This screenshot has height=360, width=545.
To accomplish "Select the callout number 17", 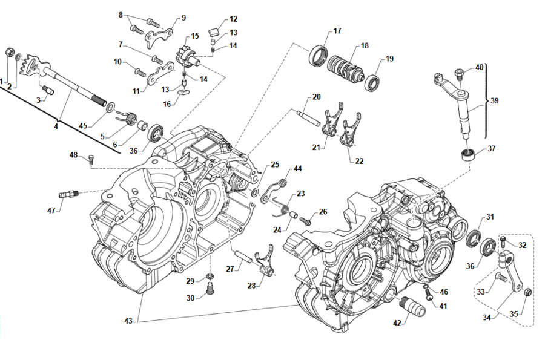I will [337, 30].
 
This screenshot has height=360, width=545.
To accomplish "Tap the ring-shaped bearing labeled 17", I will [319, 57].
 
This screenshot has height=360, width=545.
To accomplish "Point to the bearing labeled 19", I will [372, 82].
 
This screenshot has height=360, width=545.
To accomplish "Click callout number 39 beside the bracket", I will [496, 102].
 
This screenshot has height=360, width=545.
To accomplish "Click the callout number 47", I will [52, 210].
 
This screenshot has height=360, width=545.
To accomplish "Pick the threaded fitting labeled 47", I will [68, 194].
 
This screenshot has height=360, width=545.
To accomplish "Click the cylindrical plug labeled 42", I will [413, 305].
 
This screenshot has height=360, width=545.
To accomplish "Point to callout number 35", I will [514, 314].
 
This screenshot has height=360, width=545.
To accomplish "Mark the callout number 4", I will [56, 126].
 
